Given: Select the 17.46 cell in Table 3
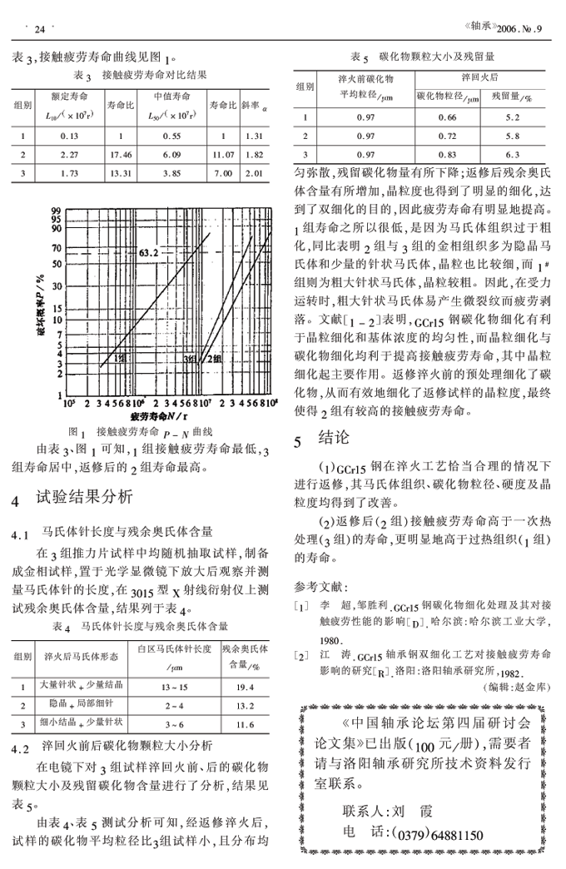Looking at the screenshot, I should (x=121, y=154).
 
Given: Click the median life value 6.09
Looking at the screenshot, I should (x=171, y=154).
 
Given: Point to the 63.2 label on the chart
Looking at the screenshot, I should (x=149, y=251).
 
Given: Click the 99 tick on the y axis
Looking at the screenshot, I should (x=57, y=211).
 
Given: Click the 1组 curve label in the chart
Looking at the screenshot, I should (x=119, y=358).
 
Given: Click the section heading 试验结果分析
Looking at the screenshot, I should (x=82, y=499).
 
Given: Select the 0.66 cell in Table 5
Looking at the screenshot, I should (x=447, y=117).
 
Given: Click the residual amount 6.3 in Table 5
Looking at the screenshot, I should (x=513, y=155).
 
